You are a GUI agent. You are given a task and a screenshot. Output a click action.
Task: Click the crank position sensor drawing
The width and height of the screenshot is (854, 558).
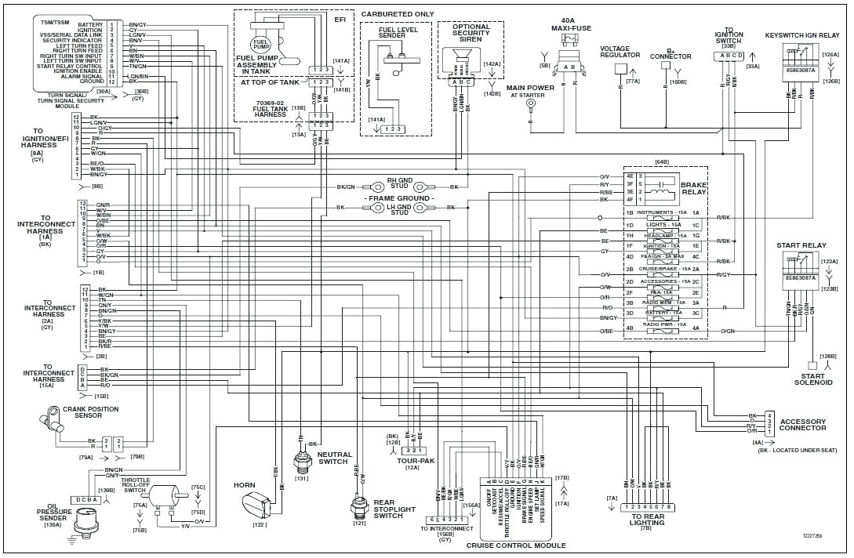tap(52, 416)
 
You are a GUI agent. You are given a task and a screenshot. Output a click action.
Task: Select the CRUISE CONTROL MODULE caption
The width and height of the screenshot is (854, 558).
tap(515, 545)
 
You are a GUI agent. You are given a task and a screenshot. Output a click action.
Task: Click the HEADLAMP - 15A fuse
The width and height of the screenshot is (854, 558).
tap(664, 235)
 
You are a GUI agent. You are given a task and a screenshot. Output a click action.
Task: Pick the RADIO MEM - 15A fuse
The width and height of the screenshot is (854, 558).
tap(664, 303)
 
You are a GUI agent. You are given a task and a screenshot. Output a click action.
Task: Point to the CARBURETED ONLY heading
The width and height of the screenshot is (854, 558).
tap(397, 14)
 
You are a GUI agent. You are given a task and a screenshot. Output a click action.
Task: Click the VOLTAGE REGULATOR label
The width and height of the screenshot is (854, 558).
tap(620, 52)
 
